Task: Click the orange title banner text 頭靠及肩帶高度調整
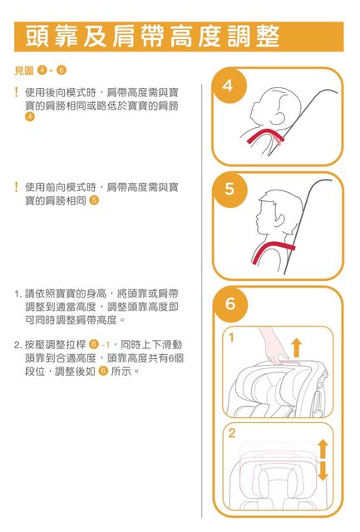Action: [x=152, y=37]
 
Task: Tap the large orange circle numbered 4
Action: [x=229, y=86]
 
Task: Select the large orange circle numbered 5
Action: [x=229, y=190]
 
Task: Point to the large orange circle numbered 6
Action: [x=230, y=304]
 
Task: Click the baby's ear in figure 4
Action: [x=281, y=117]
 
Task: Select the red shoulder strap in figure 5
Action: [x=271, y=251]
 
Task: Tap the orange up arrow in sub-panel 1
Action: [x=297, y=347]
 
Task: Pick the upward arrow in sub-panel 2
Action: [x=323, y=449]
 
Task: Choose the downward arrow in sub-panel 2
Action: [x=323, y=471]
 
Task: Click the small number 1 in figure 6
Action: [x=231, y=337]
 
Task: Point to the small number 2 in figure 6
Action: [x=232, y=433]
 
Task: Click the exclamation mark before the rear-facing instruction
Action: [x=16, y=92]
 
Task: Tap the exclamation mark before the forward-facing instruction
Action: [x=16, y=186]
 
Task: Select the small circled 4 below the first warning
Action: [x=30, y=117]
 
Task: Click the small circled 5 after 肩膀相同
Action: [x=94, y=200]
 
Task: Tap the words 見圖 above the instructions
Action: [x=24, y=70]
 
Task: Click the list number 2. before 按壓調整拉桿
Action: [x=17, y=345]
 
